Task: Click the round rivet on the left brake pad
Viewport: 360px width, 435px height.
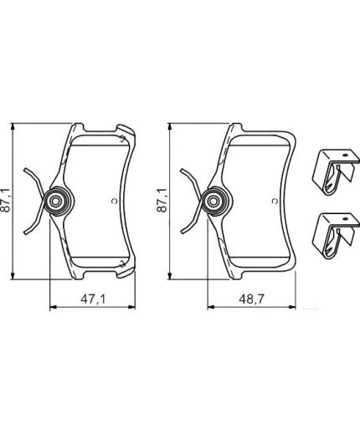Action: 57,201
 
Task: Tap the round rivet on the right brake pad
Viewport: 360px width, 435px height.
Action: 213,201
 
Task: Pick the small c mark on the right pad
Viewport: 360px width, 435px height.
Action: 271,201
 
